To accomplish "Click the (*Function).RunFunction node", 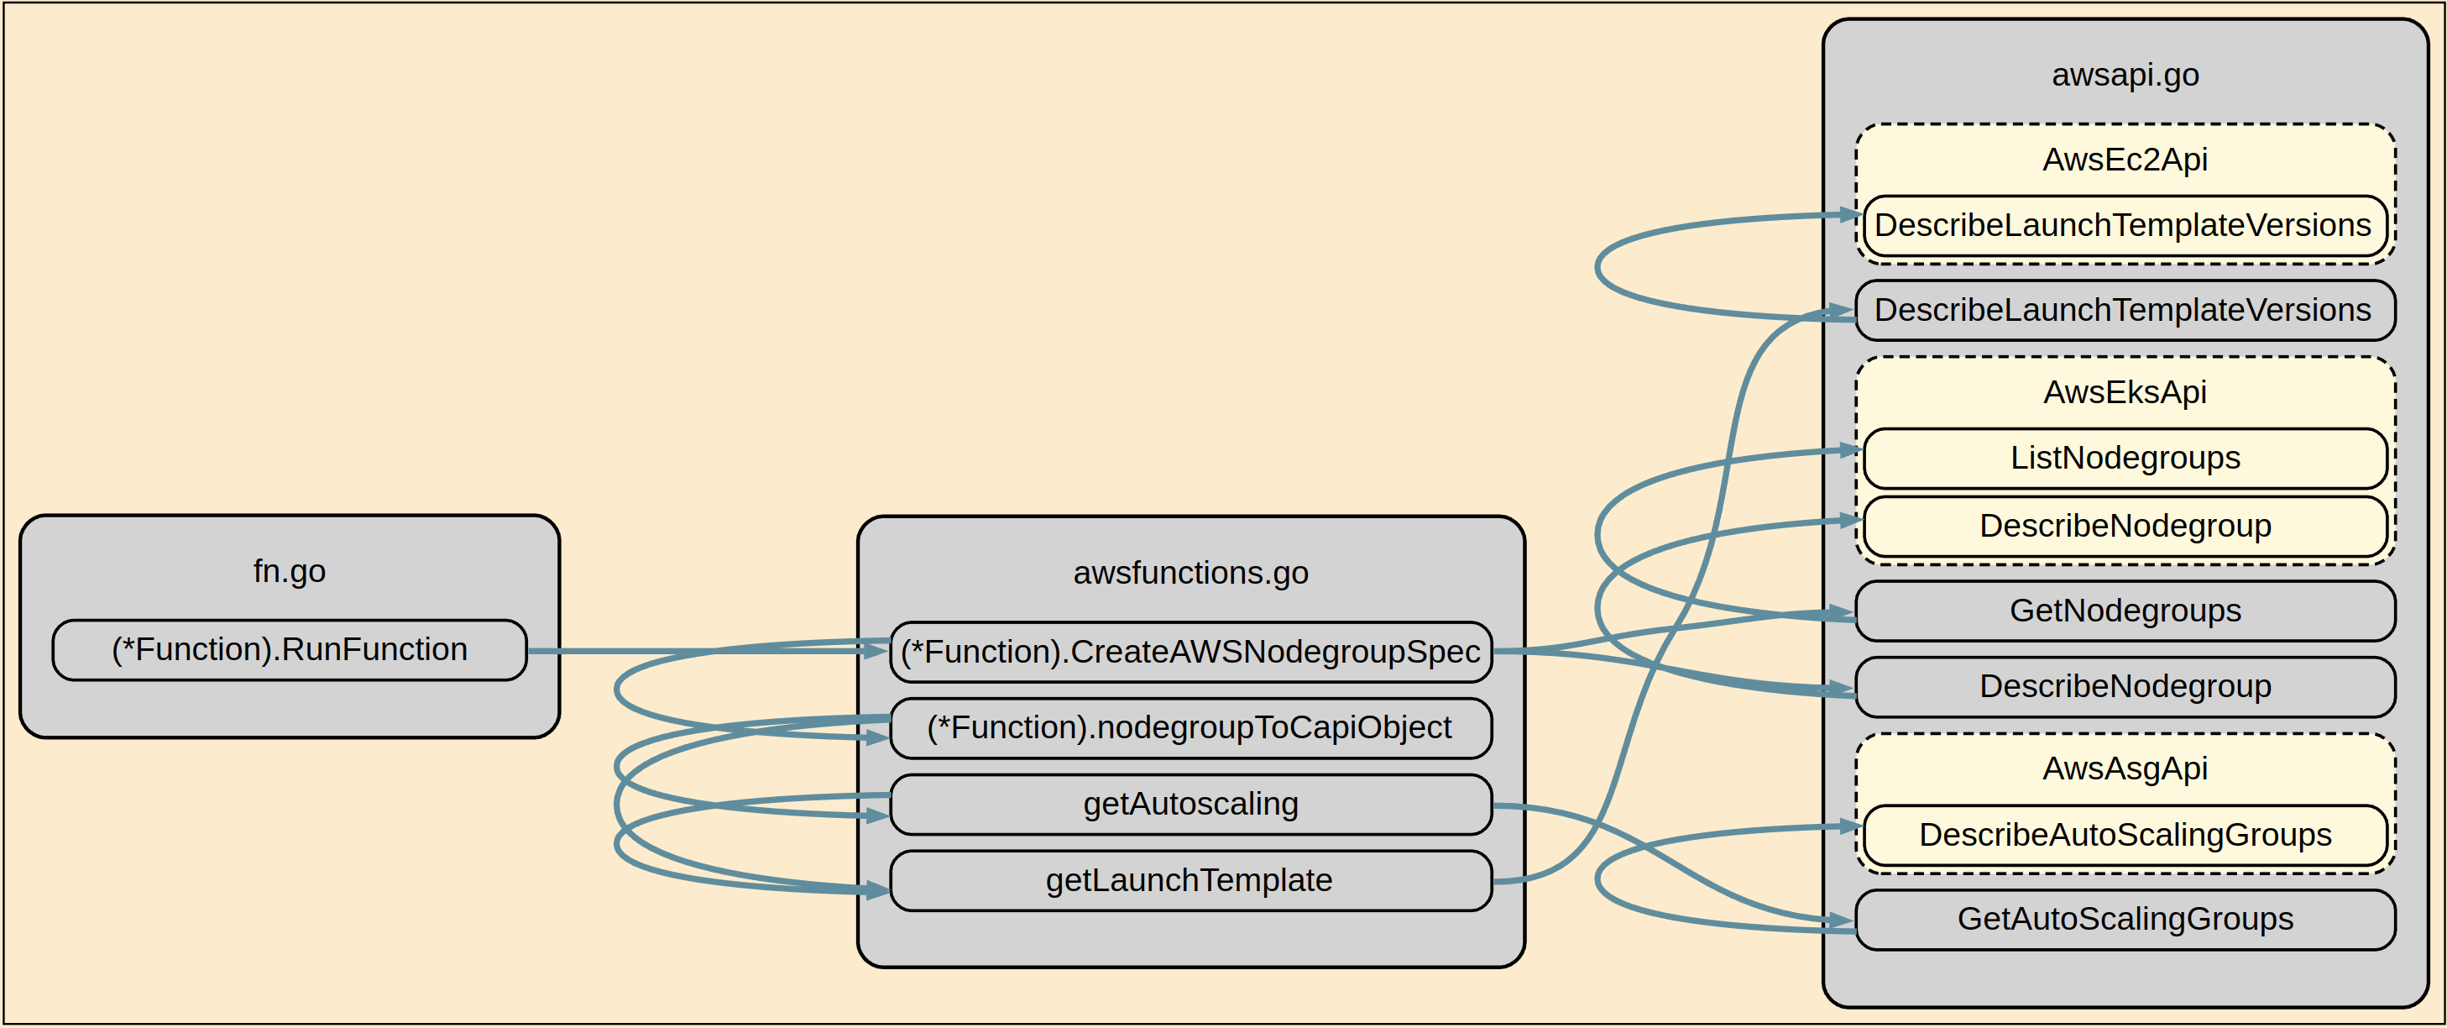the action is click(x=289, y=650).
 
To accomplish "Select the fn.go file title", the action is click(x=289, y=571).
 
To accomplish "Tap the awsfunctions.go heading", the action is click(x=1190, y=573).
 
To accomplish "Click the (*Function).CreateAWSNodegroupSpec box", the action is click(x=1190, y=652).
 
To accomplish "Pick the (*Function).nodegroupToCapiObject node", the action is click(x=1190, y=728).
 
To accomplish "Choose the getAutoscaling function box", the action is click(x=1190, y=804).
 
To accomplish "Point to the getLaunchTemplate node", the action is click(x=1190, y=881).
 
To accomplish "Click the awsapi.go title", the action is click(x=2125, y=75).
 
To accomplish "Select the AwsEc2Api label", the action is click(x=2125, y=160).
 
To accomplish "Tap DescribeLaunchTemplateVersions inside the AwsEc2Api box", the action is click(x=2125, y=225).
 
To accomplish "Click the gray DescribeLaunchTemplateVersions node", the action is click(x=2125, y=310).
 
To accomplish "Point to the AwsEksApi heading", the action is click(x=2125, y=392).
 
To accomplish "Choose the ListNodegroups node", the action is click(x=2125, y=458).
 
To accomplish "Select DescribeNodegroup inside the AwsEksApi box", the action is click(x=2125, y=526).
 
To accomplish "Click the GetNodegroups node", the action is click(x=2125, y=610).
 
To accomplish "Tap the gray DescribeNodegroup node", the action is click(x=2125, y=686).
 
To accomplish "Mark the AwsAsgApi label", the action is click(x=2125, y=768).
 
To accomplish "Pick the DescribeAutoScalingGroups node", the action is click(x=2125, y=835).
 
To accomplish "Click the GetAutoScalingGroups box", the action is click(x=2125, y=919).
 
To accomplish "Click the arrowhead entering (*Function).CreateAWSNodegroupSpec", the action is click(x=876, y=651).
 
